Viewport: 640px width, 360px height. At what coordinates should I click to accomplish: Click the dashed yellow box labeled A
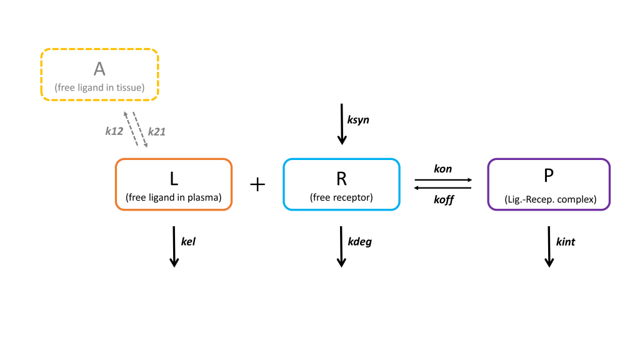click(x=99, y=74)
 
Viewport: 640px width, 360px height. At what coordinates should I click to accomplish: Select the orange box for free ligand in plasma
click(x=174, y=184)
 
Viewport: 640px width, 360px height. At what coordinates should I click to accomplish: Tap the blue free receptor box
click(x=341, y=184)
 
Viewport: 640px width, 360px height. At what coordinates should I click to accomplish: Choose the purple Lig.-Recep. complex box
click(x=548, y=184)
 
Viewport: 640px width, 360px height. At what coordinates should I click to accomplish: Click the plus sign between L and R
click(x=257, y=184)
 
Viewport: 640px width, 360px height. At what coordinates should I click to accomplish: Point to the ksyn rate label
click(x=358, y=119)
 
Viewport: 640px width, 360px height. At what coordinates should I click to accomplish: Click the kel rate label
click(x=188, y=242)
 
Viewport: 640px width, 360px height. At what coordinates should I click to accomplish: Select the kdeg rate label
click(x=359, y=242)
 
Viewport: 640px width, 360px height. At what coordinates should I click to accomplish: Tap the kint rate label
click(x=565, y=242)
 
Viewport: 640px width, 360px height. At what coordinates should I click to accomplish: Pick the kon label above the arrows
click(x=442, y=169)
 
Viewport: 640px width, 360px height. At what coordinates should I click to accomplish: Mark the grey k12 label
click(x=114, y=131)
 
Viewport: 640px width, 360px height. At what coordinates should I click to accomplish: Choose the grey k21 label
click(x=157, y=131)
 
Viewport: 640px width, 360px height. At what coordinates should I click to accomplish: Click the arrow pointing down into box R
click(x=341, y=125)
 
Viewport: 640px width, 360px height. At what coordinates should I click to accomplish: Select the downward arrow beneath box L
click(x=174, y=247)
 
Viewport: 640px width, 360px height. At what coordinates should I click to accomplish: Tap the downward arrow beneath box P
click(x=549, y=247)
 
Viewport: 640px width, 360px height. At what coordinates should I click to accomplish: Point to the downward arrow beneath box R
click(x=341, y=247)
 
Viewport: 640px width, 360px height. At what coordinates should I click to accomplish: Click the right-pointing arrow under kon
click(x=443, y=180)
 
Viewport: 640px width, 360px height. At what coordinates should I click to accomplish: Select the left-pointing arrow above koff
click(x=443, y=187)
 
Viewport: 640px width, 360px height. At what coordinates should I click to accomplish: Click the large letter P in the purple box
click(x=548, y=176)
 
